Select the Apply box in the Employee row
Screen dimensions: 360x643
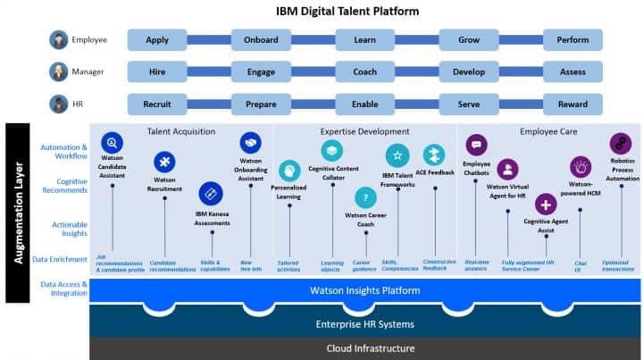(157, 40)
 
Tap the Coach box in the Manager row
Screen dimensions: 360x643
(365, 71)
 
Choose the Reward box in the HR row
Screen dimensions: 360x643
(572, 104)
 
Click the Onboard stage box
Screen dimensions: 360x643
(261, 40)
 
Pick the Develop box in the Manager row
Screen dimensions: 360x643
(469, 71)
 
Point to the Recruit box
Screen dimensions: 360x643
(157, 104)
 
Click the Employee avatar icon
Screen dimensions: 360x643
(59, 40)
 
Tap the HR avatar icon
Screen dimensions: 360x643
(59, 104)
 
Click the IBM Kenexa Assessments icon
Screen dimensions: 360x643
(209, 192)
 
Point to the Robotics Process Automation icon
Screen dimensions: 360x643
(620, 143)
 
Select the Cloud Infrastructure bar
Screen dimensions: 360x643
(365, 348)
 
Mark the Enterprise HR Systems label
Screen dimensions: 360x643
(365, 322)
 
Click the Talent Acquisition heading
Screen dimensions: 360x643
(181, 131)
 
